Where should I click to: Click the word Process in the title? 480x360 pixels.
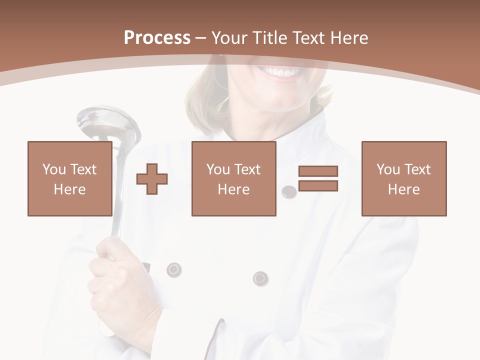click(x=157, y=37)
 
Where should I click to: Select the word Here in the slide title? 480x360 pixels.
click(x=349, y=37)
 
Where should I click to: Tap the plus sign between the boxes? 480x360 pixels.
click(x=152, y=179)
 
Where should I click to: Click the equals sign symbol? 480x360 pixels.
click(x=318, y=178)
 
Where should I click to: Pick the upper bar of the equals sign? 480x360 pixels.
click(x=318, y=171)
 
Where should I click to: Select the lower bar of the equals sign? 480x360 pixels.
click(x=318, y=185)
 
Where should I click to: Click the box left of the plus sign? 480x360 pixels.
click(x=69, y=178)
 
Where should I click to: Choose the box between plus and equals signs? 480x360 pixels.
click(x=233, y=178)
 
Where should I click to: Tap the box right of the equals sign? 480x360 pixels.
click(x=403, y=178)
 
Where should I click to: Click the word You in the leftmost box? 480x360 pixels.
click(x=54, y=169)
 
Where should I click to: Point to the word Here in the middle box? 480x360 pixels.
click(x=233, y=189)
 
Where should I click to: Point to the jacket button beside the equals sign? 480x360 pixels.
click(x=289, y=191)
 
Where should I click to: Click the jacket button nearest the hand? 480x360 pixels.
click(x=173, y=269)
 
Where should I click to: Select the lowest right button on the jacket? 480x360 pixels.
click(x=260, y=278)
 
